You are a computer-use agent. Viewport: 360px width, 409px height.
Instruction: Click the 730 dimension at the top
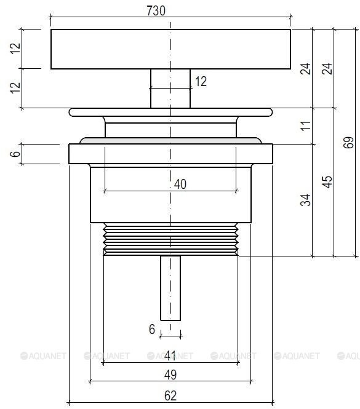pos(156,10)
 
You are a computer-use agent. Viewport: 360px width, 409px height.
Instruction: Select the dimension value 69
pos(348,143)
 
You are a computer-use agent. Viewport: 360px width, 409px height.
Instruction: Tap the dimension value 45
pos(327,182)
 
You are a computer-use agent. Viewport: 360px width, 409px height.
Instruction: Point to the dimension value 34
pos(305,200)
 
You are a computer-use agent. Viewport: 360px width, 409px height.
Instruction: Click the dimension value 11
pos(305,125)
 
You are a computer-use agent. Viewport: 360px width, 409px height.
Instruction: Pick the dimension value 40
pos(180,184)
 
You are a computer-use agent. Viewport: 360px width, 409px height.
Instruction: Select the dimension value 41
pos(170,355)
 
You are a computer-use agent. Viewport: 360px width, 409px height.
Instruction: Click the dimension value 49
pos(170,375)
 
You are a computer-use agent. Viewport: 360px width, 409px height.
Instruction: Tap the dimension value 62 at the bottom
pos(170,395)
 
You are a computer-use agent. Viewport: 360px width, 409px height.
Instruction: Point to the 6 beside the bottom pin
pos(152,329)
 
